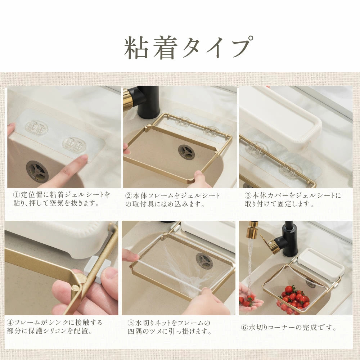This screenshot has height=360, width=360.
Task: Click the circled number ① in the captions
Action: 17,195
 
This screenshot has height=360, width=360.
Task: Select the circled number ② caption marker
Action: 129,196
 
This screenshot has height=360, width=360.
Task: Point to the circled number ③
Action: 248,195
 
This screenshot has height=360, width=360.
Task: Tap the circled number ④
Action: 10,323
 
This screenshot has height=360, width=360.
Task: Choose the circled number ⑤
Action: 131,323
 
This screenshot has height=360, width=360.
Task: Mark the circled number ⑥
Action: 244,327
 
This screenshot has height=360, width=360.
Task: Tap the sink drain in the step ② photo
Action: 186,152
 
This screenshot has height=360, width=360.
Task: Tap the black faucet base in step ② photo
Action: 148,103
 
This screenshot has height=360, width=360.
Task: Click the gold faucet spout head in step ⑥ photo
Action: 252,229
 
